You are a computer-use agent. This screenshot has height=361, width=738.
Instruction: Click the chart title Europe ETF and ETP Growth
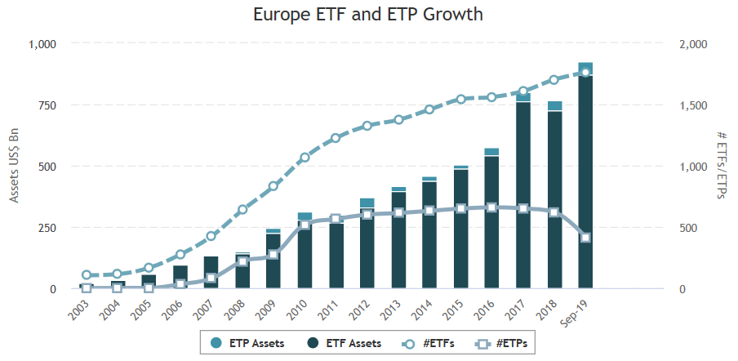click(x=367, y=15)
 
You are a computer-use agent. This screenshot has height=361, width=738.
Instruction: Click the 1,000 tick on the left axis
click(x=42, y=44)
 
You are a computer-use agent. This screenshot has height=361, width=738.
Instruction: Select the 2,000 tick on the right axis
click(x=694, y=44)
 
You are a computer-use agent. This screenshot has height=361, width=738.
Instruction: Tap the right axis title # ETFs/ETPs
click(x=722, y=166)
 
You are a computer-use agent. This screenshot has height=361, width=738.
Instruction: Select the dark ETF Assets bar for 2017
click(x=522, y=196)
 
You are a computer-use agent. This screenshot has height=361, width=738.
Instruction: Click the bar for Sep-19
click(x=585, y=180)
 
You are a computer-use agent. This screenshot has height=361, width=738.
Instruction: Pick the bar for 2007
click(x=211, y=273)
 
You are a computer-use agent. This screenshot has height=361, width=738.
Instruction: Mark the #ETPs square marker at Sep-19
click(x=585, y=238)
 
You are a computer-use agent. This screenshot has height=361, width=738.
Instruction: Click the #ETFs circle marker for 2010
click(x=305, y=158)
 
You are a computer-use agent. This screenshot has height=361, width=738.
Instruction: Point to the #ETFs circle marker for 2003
click(x=87, y=275)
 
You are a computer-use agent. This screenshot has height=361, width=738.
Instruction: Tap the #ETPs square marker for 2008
click(x=242, y=261)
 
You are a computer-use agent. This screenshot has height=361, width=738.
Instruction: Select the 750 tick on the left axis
click(x=47, y=105)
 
